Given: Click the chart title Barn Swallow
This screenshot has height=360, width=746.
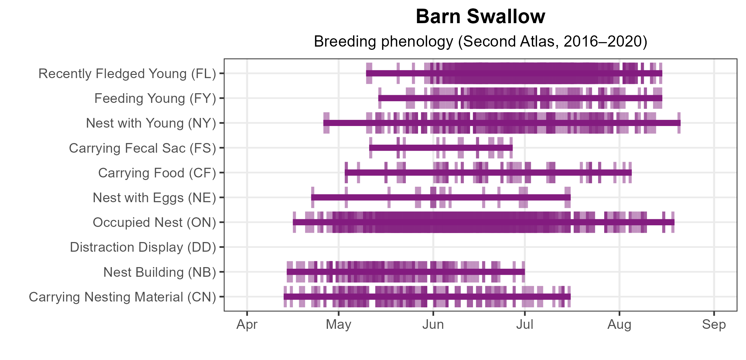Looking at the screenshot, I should (480, 16).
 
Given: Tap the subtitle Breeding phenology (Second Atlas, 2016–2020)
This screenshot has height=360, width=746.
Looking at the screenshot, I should (480, 41).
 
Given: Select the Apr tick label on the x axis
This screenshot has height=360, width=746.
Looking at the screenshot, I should (247, 325).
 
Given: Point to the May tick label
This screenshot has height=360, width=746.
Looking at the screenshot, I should (338, 325).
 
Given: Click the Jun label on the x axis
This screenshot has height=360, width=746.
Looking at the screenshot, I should (433, 325).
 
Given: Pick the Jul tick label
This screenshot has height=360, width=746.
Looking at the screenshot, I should (524, 325).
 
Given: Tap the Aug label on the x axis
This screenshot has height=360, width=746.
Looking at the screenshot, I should (619, 325).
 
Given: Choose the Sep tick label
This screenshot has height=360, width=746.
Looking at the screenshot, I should (714, 325).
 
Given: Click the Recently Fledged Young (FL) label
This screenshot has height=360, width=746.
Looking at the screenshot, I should (127, 74).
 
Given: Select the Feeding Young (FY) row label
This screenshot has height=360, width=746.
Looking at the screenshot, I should (155, 98).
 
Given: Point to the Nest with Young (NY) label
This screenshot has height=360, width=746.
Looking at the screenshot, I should (151, 123).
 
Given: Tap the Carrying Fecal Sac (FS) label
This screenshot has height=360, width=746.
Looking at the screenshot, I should (142, 148).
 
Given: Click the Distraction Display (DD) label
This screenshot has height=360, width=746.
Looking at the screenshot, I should (143, 247).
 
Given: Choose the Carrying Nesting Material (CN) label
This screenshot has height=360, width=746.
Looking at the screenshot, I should (122, 297).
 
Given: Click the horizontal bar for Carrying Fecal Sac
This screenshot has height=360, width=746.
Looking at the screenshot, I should (441, 148).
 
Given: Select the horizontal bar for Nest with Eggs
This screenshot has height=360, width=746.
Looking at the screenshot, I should (441, 197).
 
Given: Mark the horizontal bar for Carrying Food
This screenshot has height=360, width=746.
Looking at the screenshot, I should (488, 173).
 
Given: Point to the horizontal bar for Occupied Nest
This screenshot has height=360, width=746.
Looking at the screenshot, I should (484, 222).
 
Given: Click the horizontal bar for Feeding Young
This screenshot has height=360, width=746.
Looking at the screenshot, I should (520, 98).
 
